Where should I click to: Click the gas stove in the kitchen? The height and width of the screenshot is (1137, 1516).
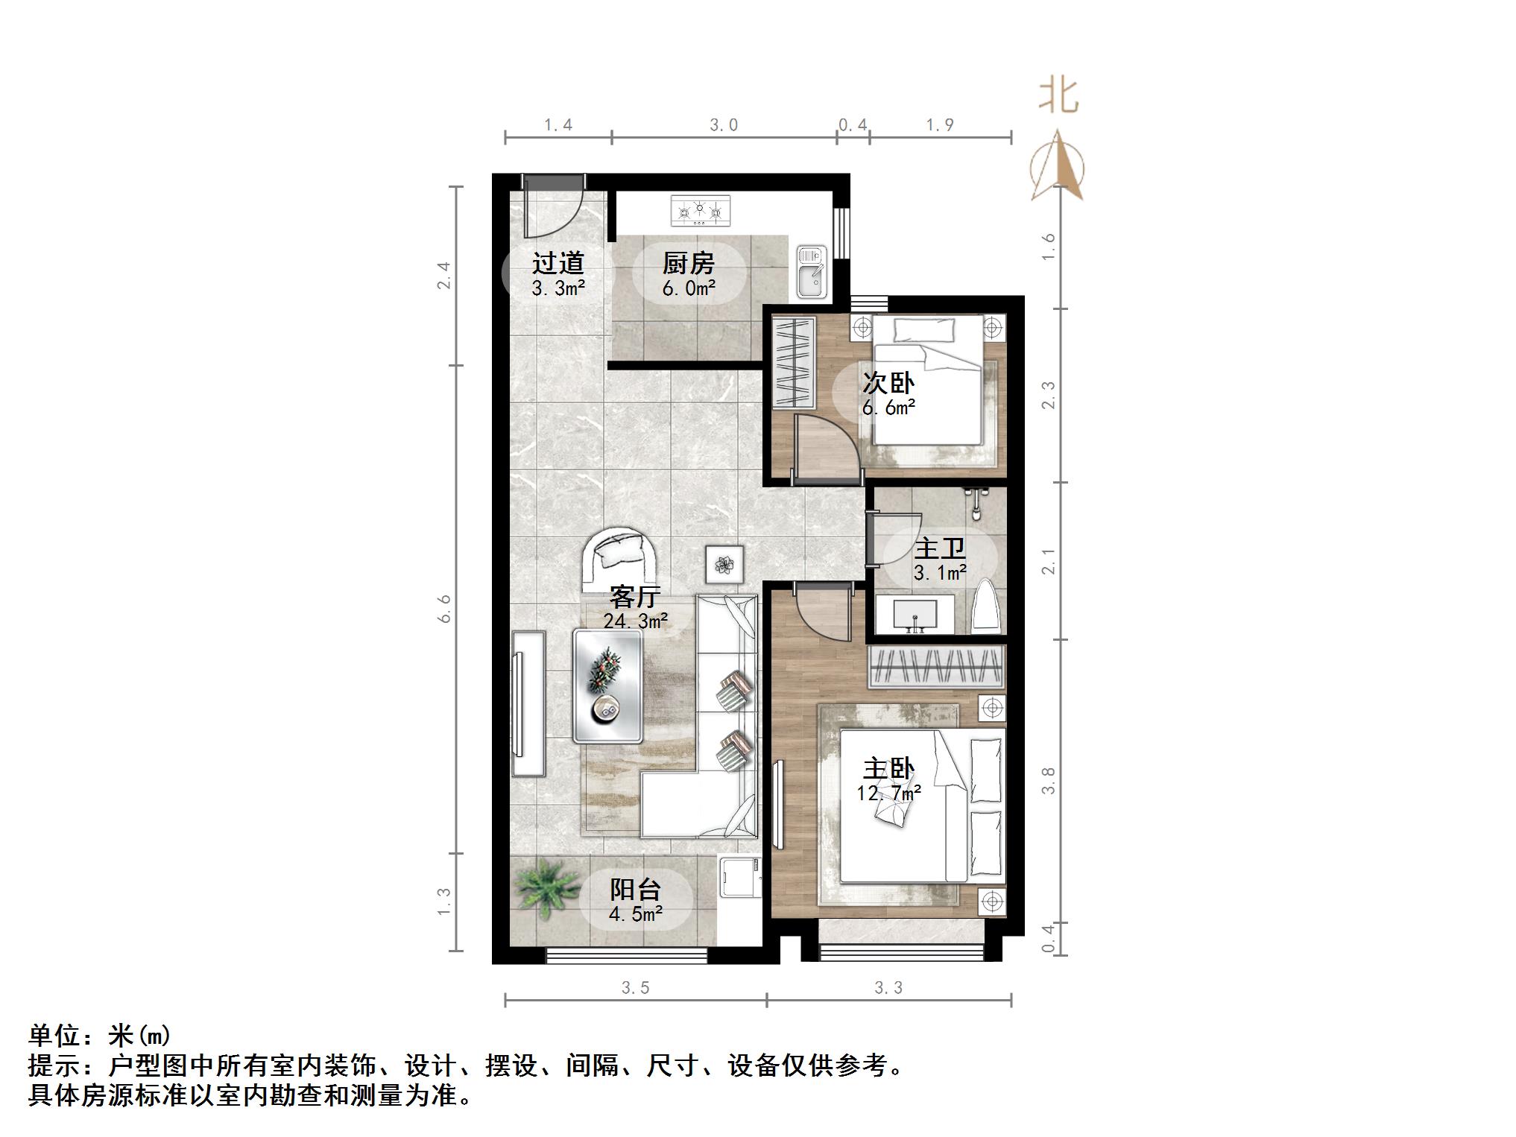(700, 210)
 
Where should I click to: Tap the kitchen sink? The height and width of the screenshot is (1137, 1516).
(811, 272)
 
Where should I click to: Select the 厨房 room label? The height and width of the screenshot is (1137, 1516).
(688, 263)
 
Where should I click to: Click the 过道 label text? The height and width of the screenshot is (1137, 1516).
(558, 263)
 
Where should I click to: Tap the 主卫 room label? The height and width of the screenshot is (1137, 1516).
(940, 549)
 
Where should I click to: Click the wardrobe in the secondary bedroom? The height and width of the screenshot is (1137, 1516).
(794, 363)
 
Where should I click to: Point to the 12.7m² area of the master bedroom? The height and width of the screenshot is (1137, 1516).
(888, 794)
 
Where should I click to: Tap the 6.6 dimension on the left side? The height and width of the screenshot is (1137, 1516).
(445, 608)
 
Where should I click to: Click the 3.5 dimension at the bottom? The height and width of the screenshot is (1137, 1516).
(635, 988)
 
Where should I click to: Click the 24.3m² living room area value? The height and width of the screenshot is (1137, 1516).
(635, 621)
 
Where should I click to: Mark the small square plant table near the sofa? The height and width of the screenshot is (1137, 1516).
(724, 565)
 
